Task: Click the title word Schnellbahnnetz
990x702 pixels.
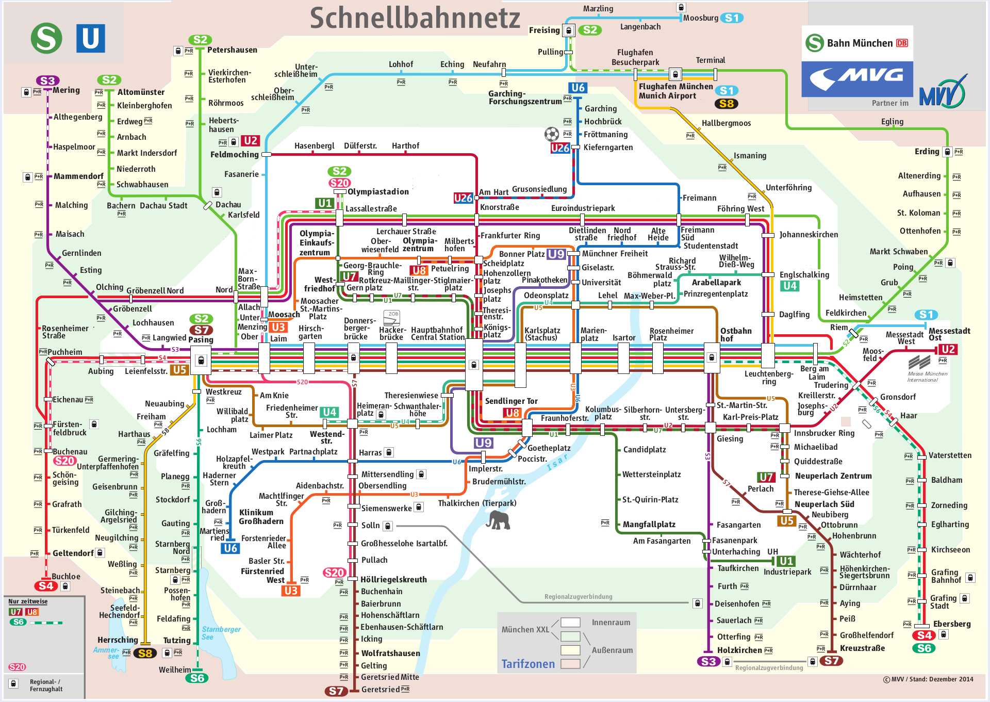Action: (415, 18)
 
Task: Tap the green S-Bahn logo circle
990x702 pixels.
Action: (46, 38)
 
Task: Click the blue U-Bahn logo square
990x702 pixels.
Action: (90, 38)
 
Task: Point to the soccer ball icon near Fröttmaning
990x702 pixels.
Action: (552, 135)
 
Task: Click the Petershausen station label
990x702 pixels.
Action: (232, 50)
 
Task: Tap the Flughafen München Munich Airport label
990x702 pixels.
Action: (675, 91)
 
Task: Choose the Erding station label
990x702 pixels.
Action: (927, 152)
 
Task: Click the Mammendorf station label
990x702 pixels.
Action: (78, 176)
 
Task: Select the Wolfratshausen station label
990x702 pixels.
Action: (390, 653)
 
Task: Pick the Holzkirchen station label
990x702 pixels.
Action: (739, 650)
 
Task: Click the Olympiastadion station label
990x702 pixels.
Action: (378, 192)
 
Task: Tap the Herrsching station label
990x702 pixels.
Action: (118, 640)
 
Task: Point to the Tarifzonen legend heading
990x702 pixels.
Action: (528, 664)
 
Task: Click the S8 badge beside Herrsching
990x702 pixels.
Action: (145, 654)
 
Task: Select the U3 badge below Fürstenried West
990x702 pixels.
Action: (291, 591)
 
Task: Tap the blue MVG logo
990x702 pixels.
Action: (857, 79)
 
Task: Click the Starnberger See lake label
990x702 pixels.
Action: (221, 633)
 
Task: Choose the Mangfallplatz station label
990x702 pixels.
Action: (649, 525)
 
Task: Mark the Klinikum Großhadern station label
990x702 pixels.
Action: (261, 517)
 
